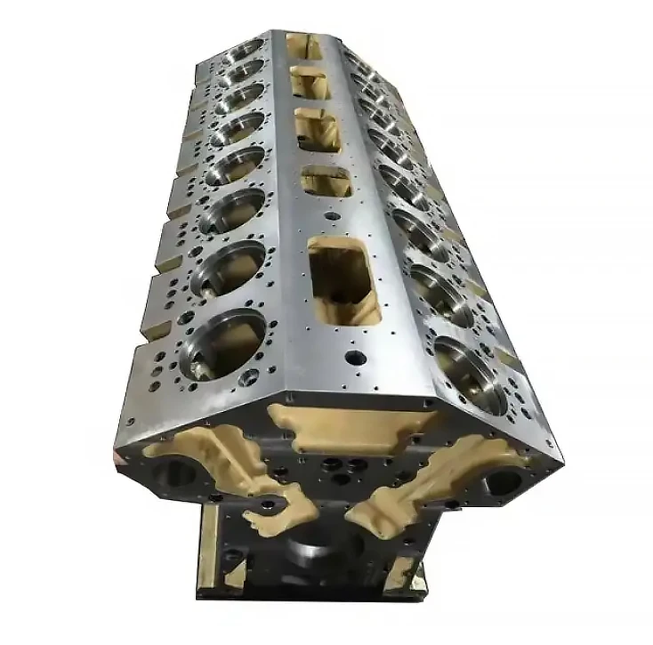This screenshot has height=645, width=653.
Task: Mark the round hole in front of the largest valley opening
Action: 356,358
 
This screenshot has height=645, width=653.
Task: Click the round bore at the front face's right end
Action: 504,481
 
